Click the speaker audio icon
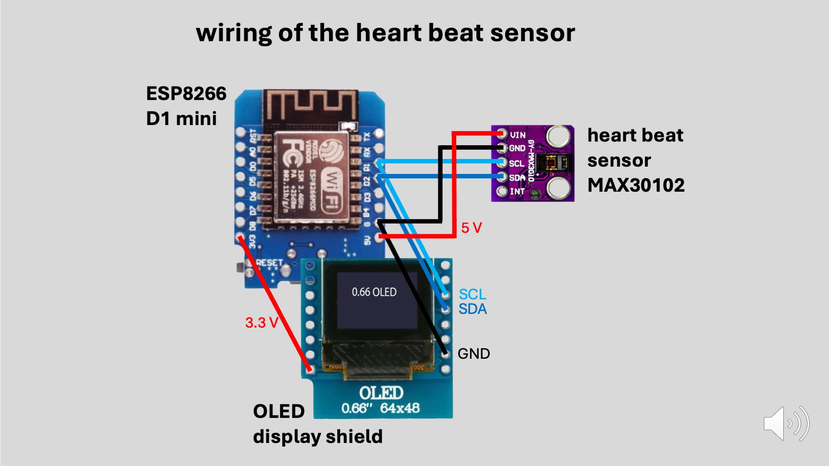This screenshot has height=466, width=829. pyautogui.click(x=785, y=424)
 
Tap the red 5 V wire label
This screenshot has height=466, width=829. pyautogui.click(x=472, y=228)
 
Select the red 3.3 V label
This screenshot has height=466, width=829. pyautogui.click(x=261, y=323)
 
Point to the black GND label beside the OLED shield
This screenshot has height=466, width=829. pyautogui.click(x=474, y=354)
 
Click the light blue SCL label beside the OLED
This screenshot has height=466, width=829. pyautogui.click(x=472, y=294)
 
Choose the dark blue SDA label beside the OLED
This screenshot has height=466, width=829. pyautogui.click(x=472, y=309)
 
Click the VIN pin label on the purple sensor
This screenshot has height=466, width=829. pyautogui.click(x=518, y=135)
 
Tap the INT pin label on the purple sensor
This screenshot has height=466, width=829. pyautogui.click(x=517, y=191)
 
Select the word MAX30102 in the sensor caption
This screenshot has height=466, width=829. pyautogui.click(x=636, y=185)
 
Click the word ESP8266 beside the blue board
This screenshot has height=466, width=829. pyautogui.click(x=186, y=93)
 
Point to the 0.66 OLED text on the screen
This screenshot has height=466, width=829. pyautogui.click(x=374, y=292)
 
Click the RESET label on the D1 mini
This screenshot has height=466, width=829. pyautogui.click(x=269, y=263)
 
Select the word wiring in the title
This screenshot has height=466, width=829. pyautogui.click(x=234, y=33)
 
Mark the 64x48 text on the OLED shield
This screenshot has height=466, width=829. pyautogui.click(x=400, y=408)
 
